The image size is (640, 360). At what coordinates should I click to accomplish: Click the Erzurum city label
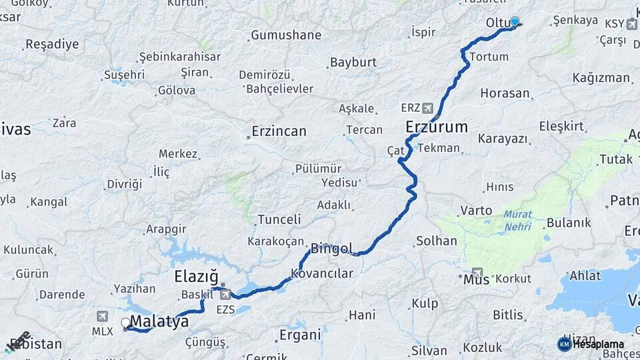tap(437, 127)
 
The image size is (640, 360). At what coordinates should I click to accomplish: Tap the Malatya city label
tap(159, 322)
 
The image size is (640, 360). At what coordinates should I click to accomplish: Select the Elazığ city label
tap(196, 277)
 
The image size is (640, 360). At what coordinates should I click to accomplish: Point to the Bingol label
tap(332, 249)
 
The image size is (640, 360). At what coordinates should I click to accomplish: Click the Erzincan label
tap(279, 131)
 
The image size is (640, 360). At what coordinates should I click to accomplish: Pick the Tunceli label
tap(279, 219)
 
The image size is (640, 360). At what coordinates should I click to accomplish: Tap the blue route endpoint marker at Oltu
tap(514, 21)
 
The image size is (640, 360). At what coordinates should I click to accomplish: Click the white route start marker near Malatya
tap(125, 323)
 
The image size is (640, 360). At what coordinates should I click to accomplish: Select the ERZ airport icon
tap(427, 107)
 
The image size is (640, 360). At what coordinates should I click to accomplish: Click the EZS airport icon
tap(226, 294)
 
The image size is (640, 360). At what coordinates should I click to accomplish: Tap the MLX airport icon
tap(102, 316)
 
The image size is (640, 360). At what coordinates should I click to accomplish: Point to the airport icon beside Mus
tap(477, 273)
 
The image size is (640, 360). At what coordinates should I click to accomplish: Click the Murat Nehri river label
tap(518, 221)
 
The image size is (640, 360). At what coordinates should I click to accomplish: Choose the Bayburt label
tap(353, 63)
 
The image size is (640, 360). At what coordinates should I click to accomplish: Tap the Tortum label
tap(489, 57)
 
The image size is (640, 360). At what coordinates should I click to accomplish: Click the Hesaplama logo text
tap(598, 344)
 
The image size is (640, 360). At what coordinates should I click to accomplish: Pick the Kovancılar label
tap(321, 273)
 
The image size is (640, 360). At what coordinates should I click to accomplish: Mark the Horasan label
tap(505, 93)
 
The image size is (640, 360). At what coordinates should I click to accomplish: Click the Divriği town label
tap(125, 183)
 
